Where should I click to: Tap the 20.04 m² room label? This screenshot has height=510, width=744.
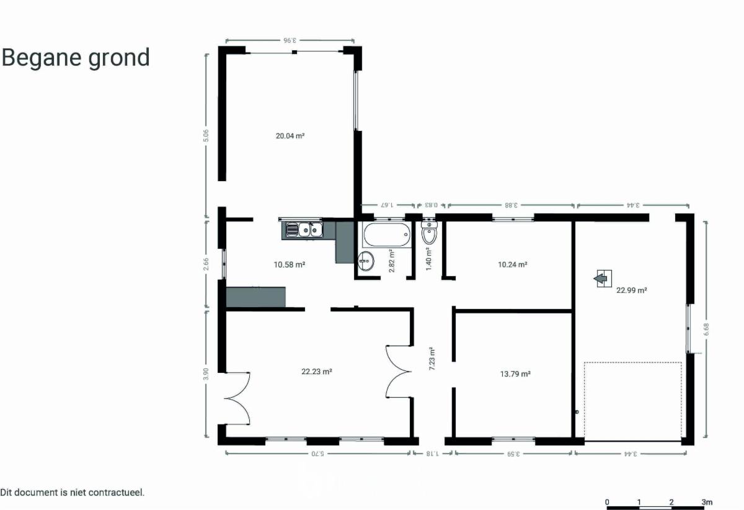tap(290, 136)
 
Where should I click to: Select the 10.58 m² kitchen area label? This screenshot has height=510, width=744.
tap(290, 265)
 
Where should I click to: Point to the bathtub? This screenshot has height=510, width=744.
tap(387, 235)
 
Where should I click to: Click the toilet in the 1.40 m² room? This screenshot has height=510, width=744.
tap(430, 233)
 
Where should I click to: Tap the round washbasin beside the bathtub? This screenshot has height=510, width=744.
tap(366, 261)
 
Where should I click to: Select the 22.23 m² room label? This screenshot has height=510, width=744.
tap(317, 372)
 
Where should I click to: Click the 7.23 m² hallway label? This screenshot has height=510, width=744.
tap(432, 359)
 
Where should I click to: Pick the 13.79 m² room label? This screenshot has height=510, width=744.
tap(515, 374)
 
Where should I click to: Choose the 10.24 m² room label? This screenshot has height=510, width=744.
tap(513, 265)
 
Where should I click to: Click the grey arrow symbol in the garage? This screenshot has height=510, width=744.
tap(602, 279)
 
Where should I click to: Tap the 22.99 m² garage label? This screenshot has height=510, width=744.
tap(631, 290)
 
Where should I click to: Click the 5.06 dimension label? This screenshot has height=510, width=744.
tap(206, 136)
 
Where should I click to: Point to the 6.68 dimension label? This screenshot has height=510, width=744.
tap(706, 329)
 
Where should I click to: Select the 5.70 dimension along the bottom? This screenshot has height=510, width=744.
tap(317, 454)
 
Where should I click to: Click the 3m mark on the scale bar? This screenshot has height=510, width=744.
tap(707, 502)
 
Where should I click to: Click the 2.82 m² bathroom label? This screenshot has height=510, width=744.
tap(392, 261)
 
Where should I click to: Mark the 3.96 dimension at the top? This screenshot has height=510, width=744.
tap(290, 40)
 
